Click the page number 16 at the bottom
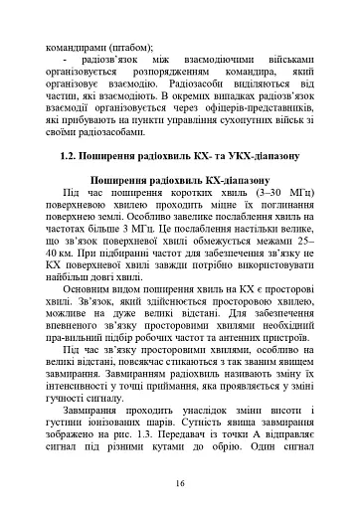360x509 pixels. (x=180, y=483)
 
